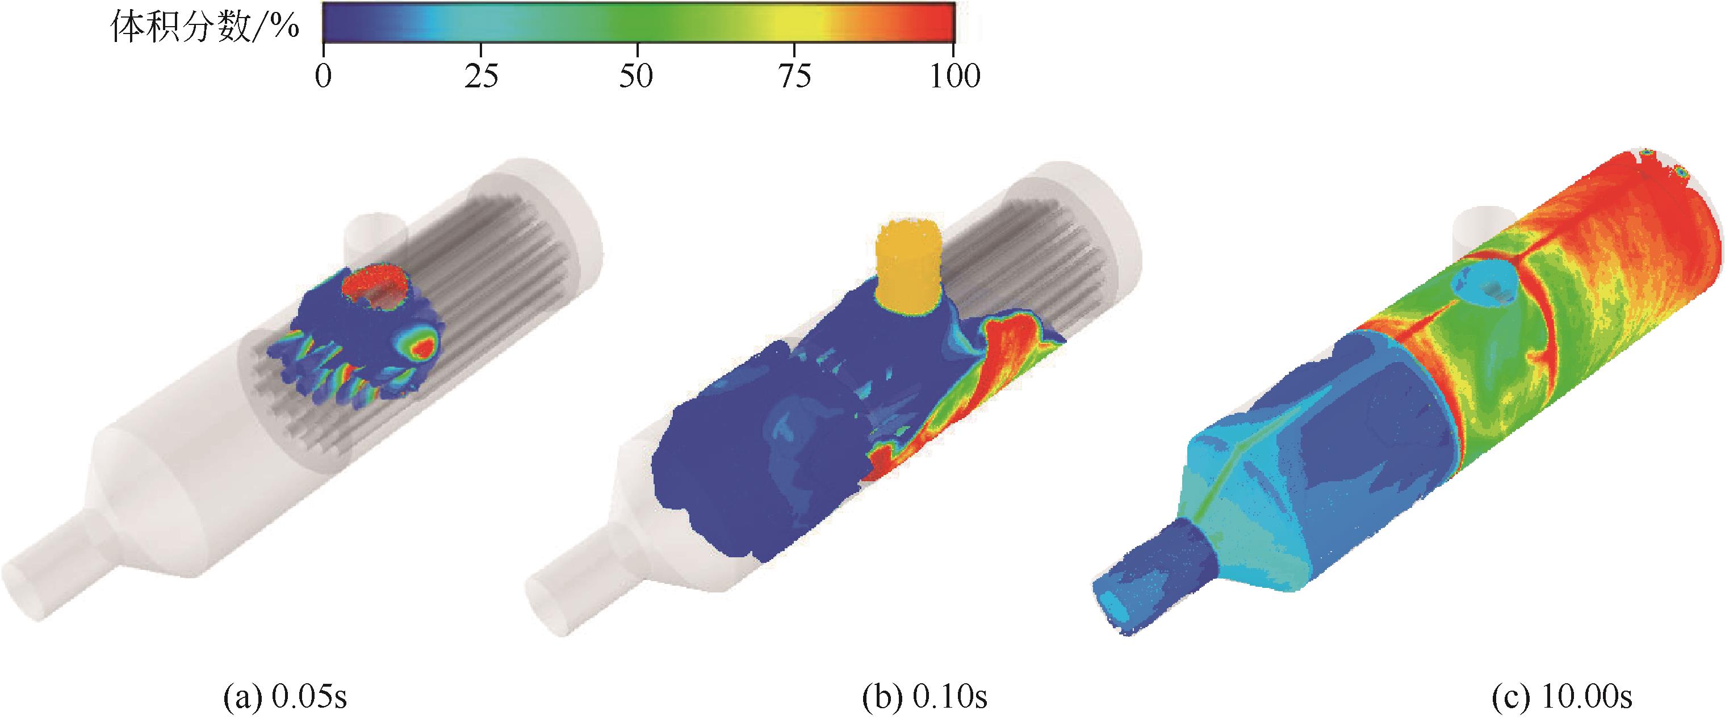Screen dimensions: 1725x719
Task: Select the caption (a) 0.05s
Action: [x=284, y=697]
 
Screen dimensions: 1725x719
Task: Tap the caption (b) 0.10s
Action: [x=924, y=697]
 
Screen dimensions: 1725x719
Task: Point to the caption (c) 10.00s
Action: [x=1561, y=697]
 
